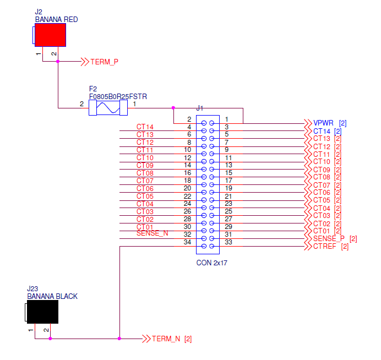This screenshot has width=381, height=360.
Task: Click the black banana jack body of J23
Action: click(x=42, y=312)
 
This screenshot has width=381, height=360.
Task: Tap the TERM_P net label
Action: click(x=104, y=62)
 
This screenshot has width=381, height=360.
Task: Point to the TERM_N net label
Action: click(x=166, y=339)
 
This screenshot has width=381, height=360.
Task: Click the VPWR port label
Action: click(x=323, y=123)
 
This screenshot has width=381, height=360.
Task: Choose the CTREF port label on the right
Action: click(x=325, y=246)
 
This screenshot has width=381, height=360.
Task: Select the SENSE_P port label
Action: click(x=330, y=238)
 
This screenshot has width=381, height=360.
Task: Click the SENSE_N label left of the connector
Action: click(x=152, y=233)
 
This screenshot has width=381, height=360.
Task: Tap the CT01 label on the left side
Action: click(x=145, y=227)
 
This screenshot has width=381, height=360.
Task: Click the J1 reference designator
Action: click(x=200, y=108)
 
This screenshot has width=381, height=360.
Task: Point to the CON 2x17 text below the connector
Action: click(x=212, y=263)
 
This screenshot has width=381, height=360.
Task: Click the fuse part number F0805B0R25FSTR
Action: click(x=118, y=96)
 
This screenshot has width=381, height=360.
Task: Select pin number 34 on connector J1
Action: click(x=187, y=242)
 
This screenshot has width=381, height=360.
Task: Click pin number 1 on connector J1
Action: click(x=226, y=119)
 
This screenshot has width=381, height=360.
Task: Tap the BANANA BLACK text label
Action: click(x=52, y=296)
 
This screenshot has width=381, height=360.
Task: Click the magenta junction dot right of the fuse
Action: click(x=173, y=108)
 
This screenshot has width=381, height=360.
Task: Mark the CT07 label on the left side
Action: click(x=145, y=181)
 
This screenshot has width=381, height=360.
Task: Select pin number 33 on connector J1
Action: click(x=228, y=242)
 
